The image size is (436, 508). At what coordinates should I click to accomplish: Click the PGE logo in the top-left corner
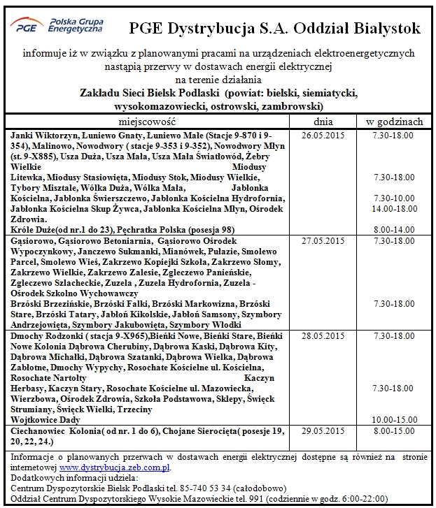[56, 27]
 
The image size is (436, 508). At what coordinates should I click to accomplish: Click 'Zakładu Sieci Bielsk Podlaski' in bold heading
[150, 93]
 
